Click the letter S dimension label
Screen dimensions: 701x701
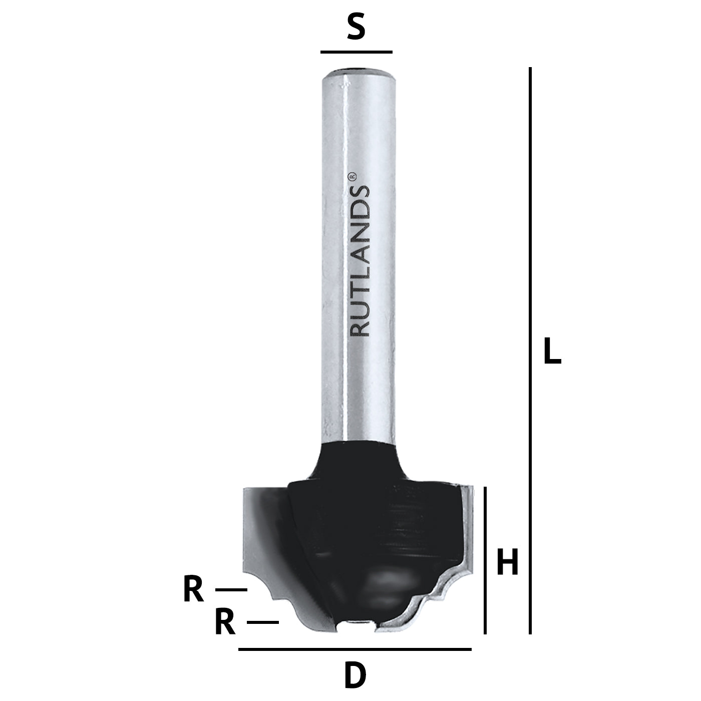coord(356,29)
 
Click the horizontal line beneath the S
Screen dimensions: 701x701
coord(356,52)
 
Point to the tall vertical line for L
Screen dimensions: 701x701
coord(530,350)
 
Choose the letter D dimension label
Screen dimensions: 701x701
coord(355,675)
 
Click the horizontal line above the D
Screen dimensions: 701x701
coord(355,649)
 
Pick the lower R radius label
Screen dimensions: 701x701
coord(225,622)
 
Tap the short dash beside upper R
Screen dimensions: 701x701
coord(231,590)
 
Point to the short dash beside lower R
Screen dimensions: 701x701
coord(263,622)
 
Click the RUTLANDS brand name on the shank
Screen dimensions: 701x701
coord(360,260)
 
